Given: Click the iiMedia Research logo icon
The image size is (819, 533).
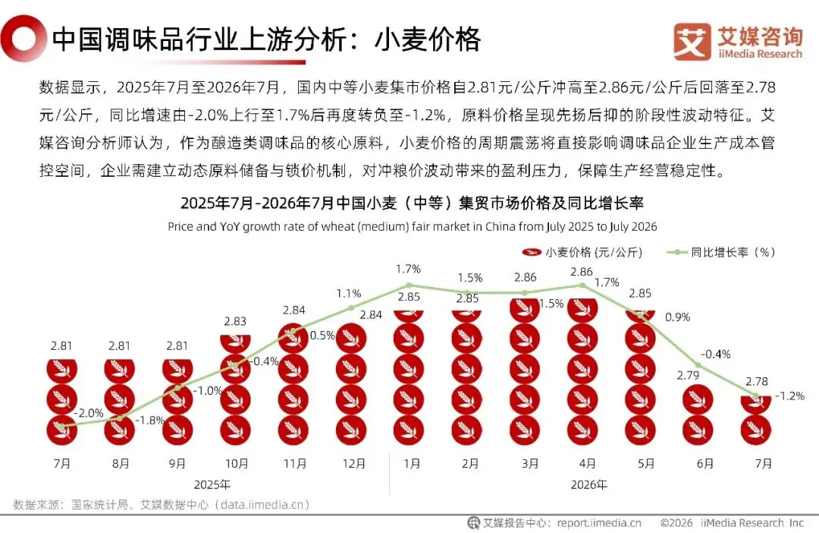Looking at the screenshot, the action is [692, 42].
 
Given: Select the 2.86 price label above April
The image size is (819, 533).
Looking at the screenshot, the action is [582, 272].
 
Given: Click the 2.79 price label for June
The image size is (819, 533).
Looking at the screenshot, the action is [688, 375].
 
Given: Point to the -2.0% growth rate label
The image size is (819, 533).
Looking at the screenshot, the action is [88, 413].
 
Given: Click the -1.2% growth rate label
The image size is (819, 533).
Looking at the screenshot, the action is [789, 396].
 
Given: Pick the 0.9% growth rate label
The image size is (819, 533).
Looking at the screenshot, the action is [677, 317].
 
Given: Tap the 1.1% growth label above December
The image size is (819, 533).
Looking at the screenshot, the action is [348, 293].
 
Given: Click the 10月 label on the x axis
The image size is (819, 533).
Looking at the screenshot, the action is [237, 463].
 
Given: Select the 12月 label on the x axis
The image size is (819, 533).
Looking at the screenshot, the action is [353, 463].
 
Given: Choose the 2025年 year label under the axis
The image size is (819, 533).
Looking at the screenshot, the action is [212, 485].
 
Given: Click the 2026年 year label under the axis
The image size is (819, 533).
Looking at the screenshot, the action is [588, 485].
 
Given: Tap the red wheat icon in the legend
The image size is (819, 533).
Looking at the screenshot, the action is [531, 252].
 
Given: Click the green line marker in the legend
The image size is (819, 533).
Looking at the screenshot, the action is [677, 252].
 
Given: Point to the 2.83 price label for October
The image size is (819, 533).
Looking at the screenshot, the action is [235, 321].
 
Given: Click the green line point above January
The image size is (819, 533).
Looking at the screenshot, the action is [409, 285].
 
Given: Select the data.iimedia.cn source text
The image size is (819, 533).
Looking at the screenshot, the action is [262, 504].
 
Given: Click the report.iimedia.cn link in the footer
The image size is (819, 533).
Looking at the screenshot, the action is [599, 522].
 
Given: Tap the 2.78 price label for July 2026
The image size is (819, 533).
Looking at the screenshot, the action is [757, 381].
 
